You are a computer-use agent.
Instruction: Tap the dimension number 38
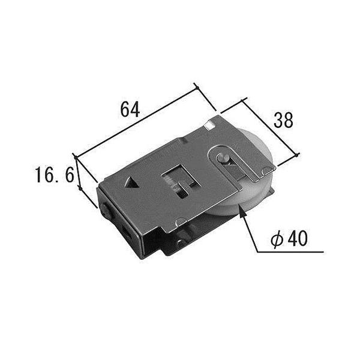click(283, 120)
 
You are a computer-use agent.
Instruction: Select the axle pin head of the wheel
click(223, 158)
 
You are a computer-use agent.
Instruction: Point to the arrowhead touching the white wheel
click(241, 209)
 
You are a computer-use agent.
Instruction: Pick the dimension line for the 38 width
click(272, 128)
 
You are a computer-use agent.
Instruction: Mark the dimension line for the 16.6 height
click(88, 188)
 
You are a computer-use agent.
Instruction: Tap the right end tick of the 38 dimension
click(298, 157)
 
